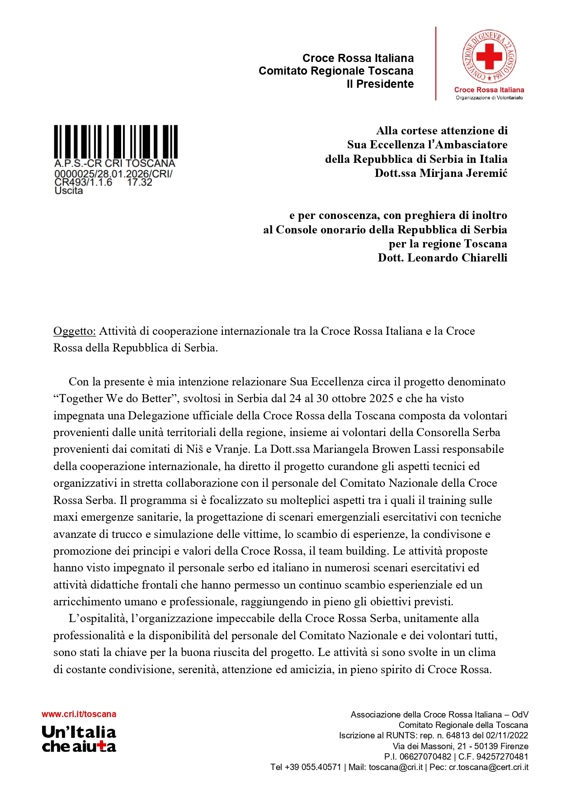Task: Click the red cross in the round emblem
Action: [489, 56]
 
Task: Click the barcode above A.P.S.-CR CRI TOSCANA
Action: [116, 141]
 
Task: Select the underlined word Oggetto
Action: [75, 331]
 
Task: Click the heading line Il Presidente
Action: [380, 84]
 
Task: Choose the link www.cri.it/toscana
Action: [79, 714]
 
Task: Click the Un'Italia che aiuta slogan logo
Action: [79, 739]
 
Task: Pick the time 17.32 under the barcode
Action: [140, 182]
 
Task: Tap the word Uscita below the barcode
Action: [69, 191]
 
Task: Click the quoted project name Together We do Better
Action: [115, 399]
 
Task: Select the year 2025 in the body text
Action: [382, 399]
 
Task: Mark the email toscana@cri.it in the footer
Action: [396, 767]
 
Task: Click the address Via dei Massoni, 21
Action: [423, 746]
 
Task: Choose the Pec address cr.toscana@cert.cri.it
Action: [488, 767]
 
